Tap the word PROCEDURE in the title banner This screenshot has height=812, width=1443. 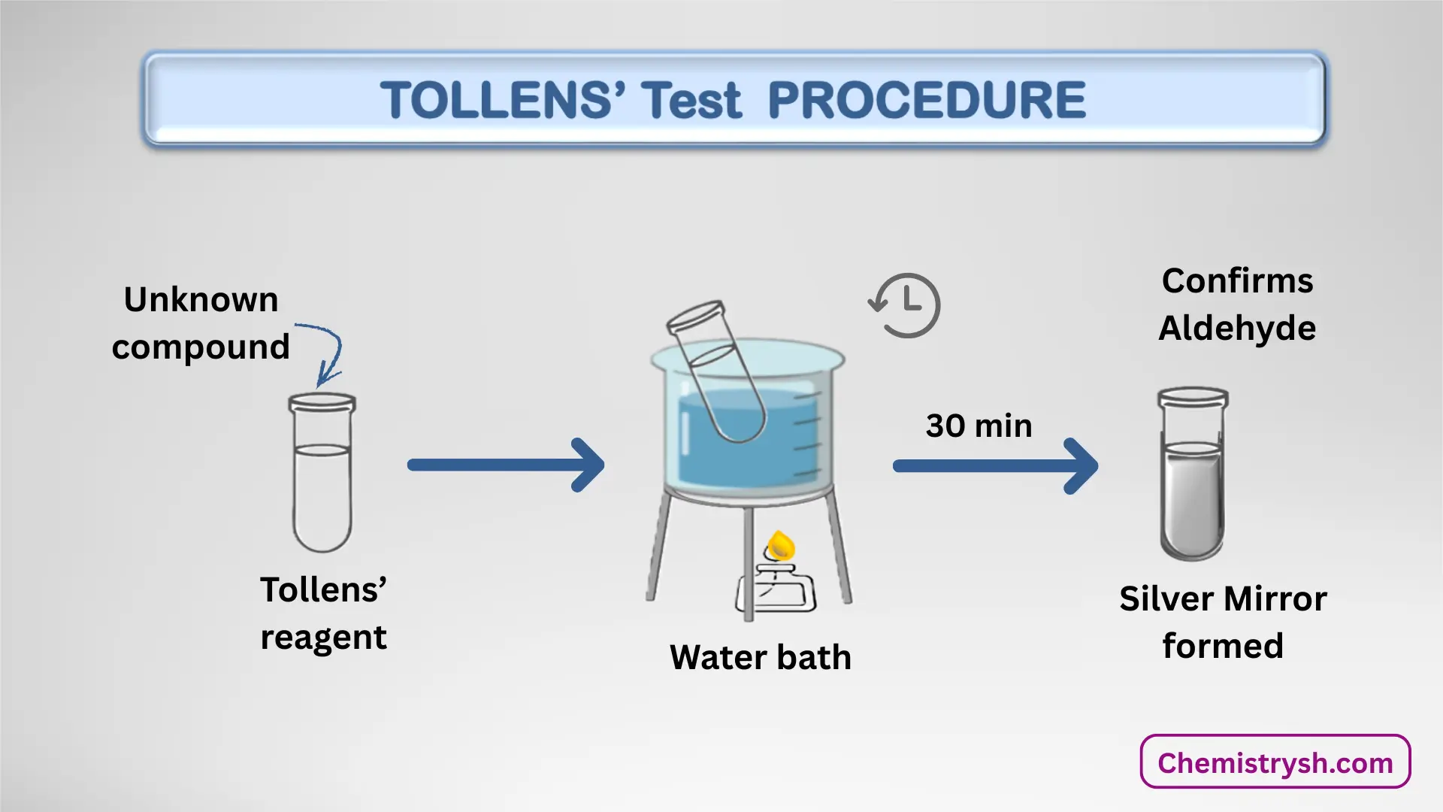pos(927,100)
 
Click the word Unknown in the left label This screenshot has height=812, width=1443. pos(201,300)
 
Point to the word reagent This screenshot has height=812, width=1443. pos(323,638)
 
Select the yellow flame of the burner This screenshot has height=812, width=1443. pos(781,545)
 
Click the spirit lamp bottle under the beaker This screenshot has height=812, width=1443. pos(776,591)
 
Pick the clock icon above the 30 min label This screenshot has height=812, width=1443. pos(906,305)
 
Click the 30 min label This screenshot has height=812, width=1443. pos(979,426)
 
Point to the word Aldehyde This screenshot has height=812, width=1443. pos(1237,329)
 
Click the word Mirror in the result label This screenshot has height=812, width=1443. pos(1275,599)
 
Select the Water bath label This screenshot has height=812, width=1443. pos(760,657)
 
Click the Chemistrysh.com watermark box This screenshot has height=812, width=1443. pos(1275,762)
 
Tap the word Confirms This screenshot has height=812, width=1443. pos(1237,281)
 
